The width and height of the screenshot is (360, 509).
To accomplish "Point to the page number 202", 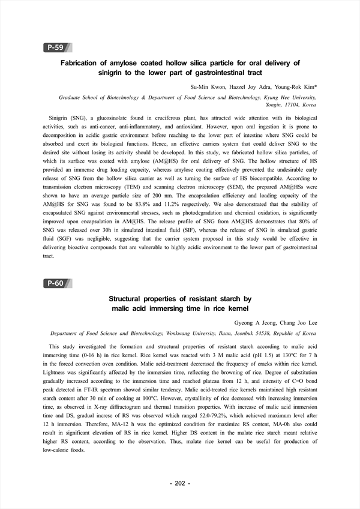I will point(179,483).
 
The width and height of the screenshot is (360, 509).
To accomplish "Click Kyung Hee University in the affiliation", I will point(287,96).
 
